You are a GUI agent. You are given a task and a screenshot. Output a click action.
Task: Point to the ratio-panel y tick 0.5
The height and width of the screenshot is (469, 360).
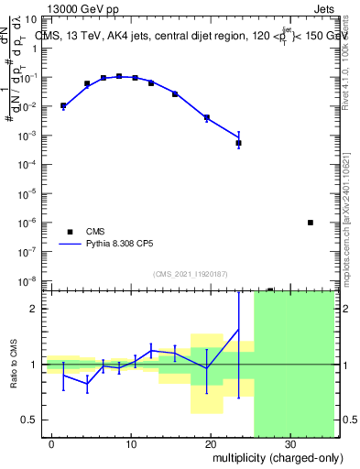(x=30, y=420)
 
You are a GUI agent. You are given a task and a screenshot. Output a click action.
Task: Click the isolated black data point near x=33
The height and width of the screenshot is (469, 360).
(x=311, y=223)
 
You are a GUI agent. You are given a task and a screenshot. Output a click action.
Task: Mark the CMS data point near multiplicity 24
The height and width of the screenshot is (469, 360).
(x=238, y=143)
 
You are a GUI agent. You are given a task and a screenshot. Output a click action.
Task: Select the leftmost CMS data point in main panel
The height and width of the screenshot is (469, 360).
(x=63, y=106)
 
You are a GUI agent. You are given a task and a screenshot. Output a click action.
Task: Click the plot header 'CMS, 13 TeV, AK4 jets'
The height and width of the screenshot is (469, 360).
(x=92, y=35)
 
